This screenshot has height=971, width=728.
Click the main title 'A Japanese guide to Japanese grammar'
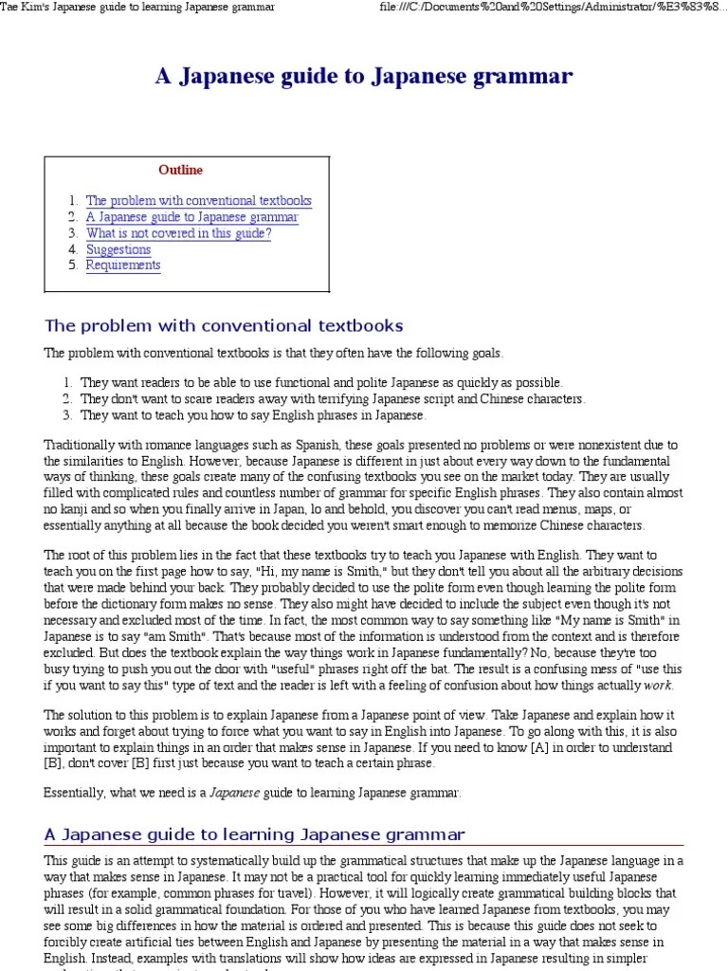(x=364, y=77)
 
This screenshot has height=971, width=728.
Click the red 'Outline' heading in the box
(x=180, y=171)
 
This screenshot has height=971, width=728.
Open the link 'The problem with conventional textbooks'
(x=198, y=201)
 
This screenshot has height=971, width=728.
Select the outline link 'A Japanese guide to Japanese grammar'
(x=191, y=217)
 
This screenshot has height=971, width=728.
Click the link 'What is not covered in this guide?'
(x=178, y=233)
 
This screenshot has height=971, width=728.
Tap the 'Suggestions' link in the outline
(x=118, y=249)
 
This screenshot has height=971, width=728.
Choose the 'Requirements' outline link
(x=123, y=266)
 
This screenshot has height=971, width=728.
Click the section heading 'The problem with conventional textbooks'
(x=224, y=326)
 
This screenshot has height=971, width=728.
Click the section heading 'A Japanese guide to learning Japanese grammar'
(x=255, y=834)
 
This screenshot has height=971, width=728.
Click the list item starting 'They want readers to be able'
(x=321, y=382)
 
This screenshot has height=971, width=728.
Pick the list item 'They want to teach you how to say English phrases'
(x=253, y=415)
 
